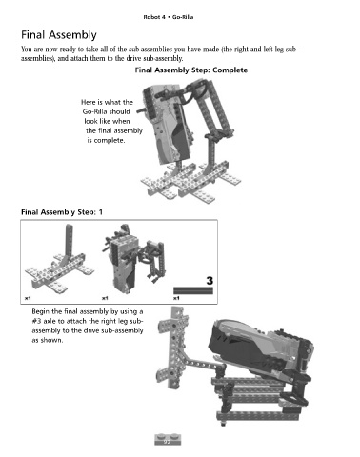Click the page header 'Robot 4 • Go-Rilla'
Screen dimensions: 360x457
coord(169,17)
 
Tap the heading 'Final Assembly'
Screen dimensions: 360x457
coord(59,35)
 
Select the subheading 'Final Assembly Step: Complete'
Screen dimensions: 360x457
coord(191,70)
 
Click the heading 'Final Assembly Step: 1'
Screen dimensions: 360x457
coord(62,212)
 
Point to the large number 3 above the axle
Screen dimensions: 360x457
coord(210,281)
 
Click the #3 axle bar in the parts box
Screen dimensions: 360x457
coord(193,290)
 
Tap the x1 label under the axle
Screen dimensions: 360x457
coord(176,298)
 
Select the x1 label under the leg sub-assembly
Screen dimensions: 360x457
coord(28,298)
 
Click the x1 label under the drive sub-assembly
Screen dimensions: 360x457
coord(105,298)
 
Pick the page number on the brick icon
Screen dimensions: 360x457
coord(167,442)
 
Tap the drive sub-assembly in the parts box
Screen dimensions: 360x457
coord(133,259)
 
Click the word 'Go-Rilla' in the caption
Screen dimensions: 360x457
coord(106,111)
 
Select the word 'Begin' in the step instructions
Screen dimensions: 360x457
coord(40,312)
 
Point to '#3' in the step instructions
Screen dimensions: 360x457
coord(37,321)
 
